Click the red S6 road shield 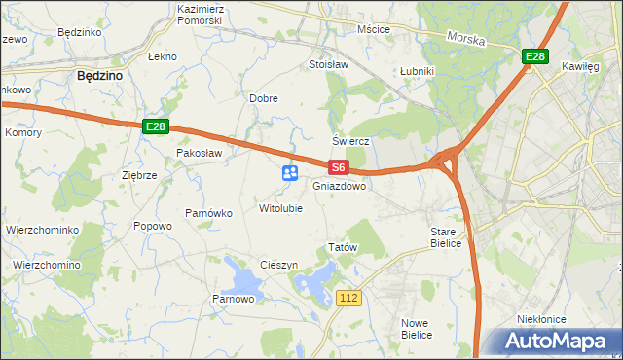[338, 167]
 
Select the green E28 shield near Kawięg [533, 57]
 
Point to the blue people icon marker [290, 173]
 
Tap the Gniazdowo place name [340, 185]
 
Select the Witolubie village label [280, 208]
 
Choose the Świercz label [351, 141]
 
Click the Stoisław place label [328, 65]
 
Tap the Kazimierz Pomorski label [202, 14]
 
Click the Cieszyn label [278, 266]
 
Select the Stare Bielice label [450, 237]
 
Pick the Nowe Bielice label [417, 328]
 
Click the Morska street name [465, 38]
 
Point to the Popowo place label [153, 226]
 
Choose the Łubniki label [417, 72]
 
